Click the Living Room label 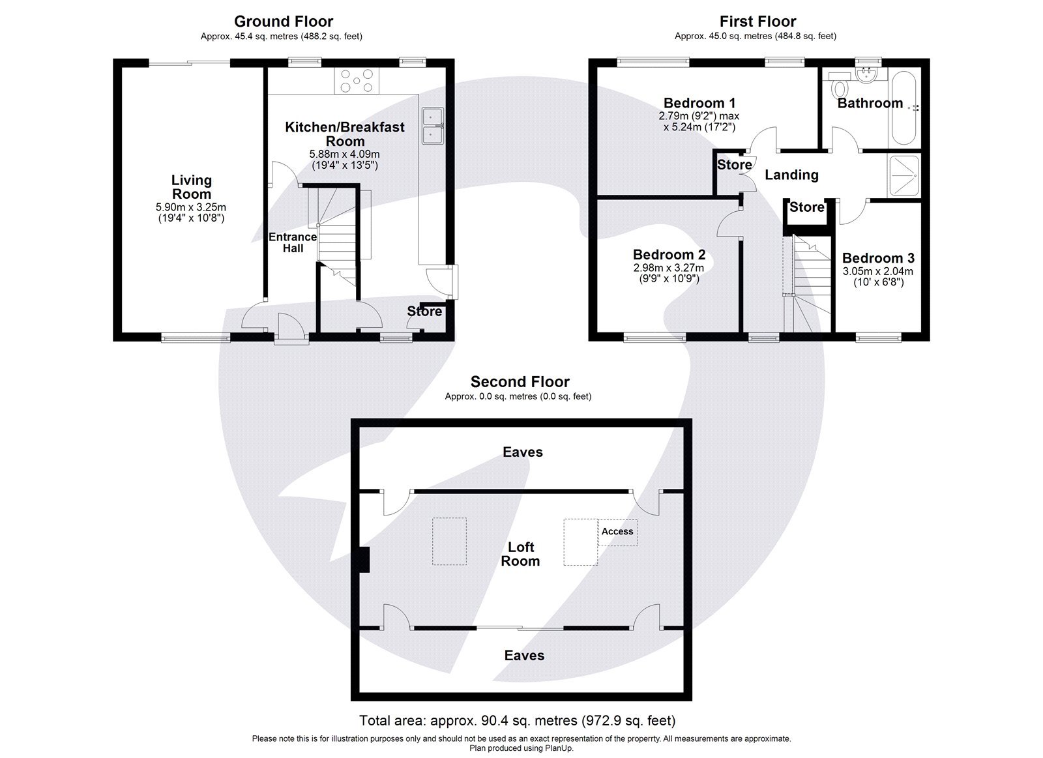191,187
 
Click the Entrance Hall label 293,242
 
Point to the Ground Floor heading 283,22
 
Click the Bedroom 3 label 878,258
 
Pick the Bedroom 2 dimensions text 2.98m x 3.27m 669,268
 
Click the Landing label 791,175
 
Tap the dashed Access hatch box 618,532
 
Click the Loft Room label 520,554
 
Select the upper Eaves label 522,452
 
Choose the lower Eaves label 524,656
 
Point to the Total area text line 517,721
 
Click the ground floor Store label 424,312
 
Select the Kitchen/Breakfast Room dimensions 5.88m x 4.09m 345,154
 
